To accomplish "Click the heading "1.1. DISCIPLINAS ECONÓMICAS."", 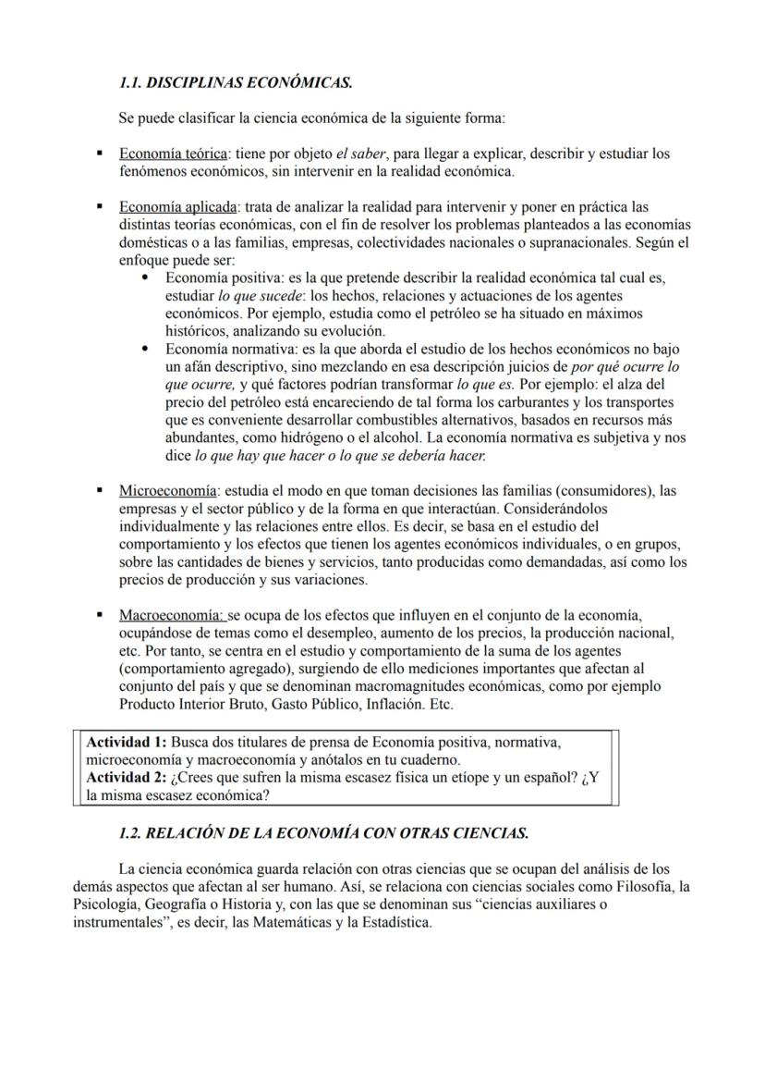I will click(236, 83).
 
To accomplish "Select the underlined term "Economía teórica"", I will click(174, 154).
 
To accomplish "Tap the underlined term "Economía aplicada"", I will click(177, 207).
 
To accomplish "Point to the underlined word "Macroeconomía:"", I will click(172, 615).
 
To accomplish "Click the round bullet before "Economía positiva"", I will click(145, 277).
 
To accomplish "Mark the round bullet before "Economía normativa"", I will click(145, 349).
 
